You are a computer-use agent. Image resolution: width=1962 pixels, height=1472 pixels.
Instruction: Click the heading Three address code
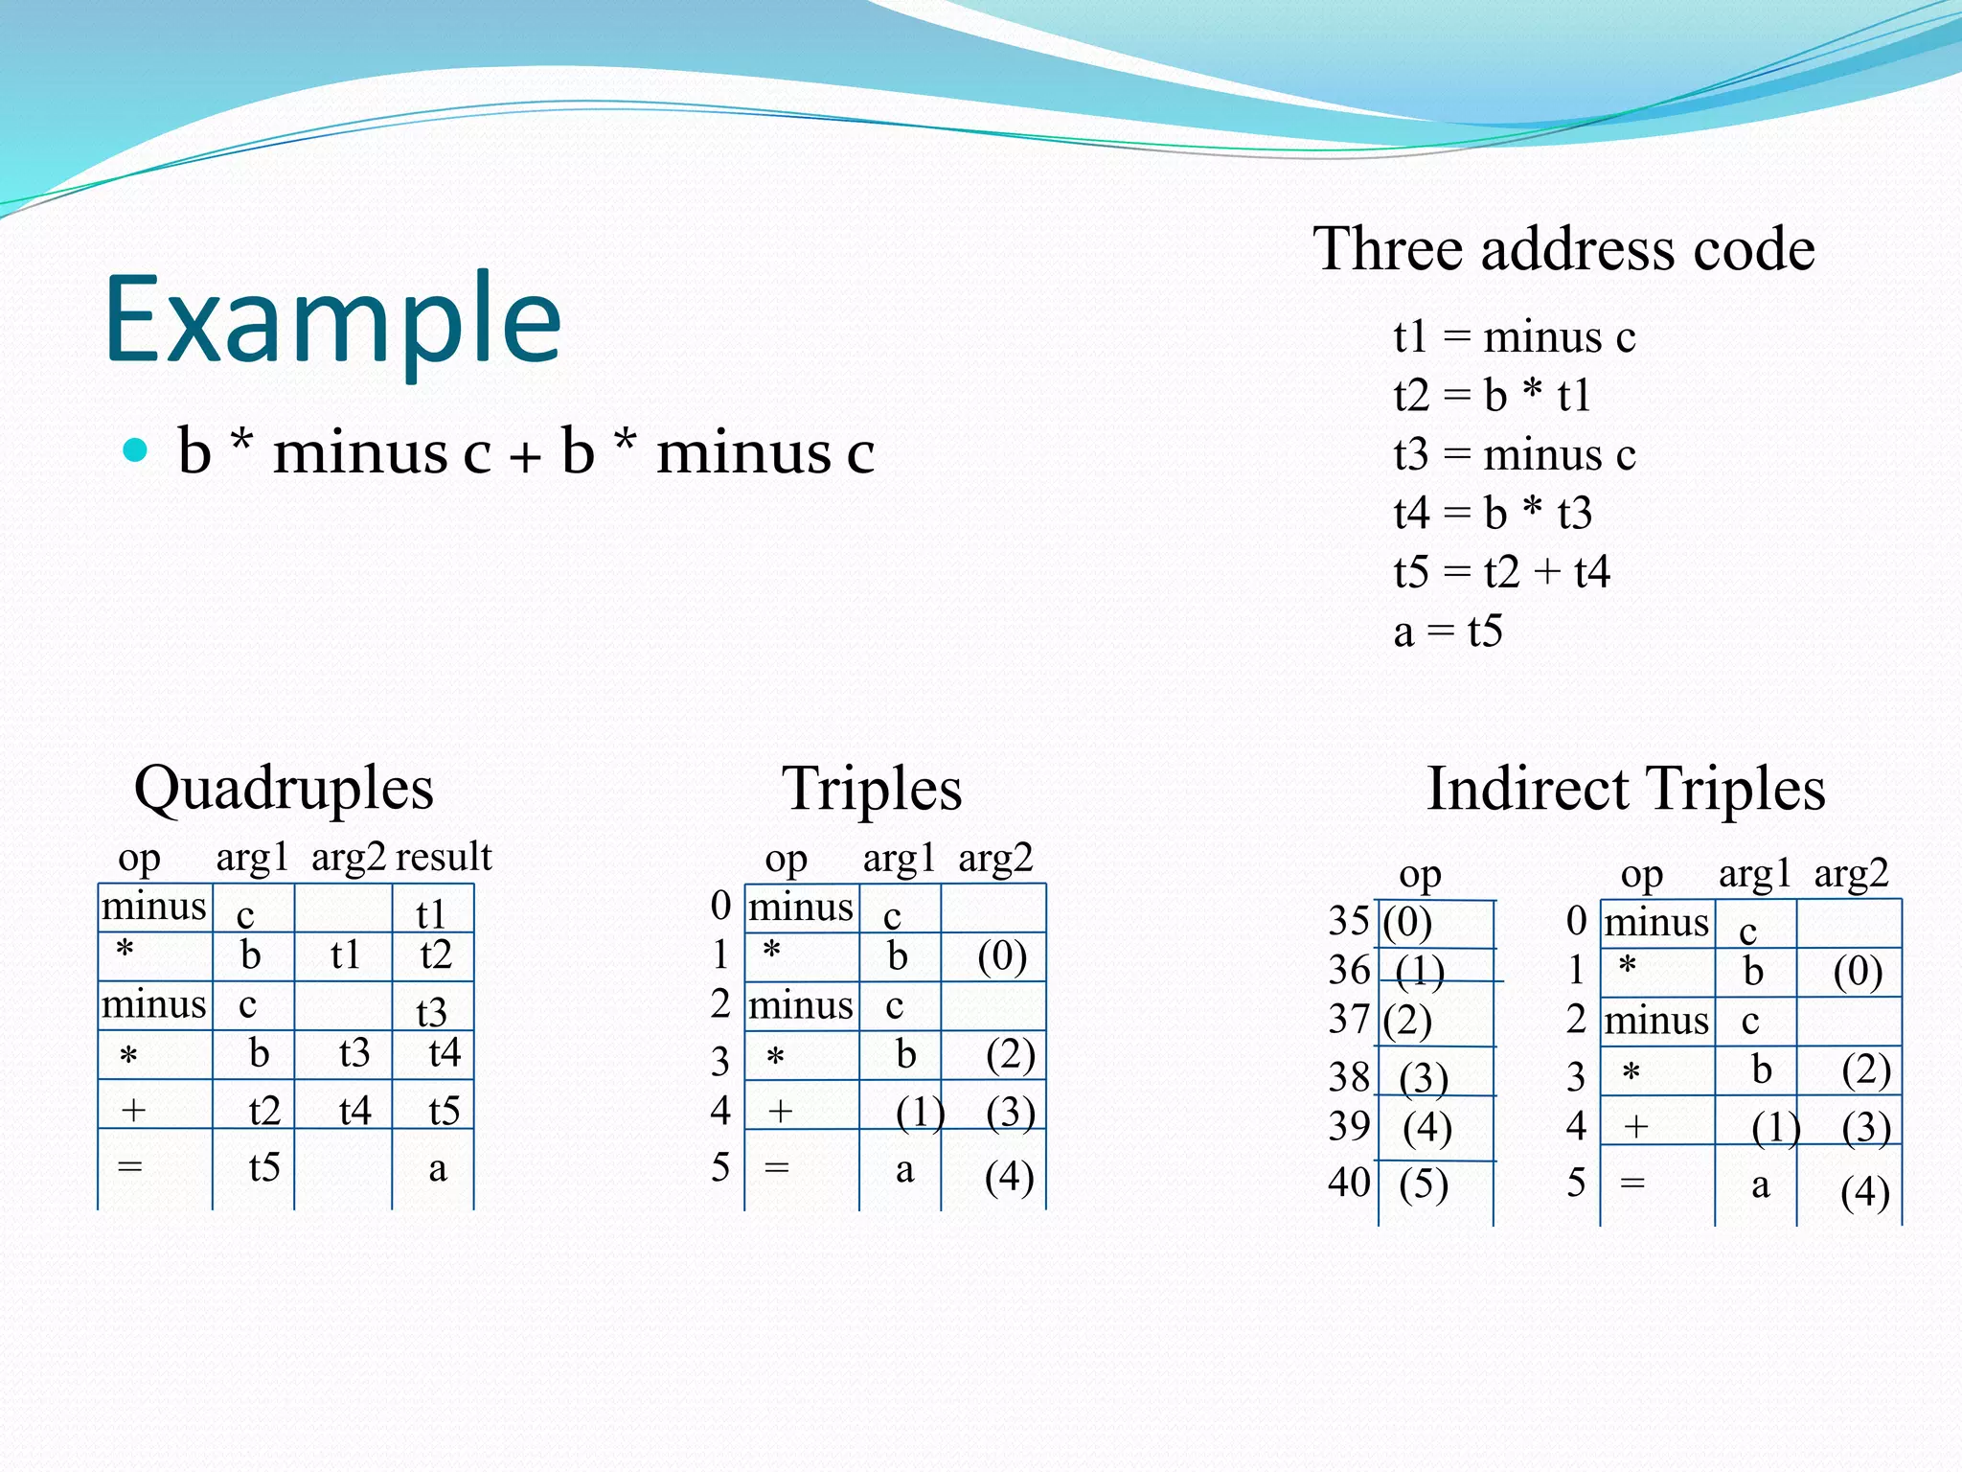(x=1563, y=249)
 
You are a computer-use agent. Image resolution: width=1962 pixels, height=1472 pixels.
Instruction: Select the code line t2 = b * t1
(x=1492, y=395)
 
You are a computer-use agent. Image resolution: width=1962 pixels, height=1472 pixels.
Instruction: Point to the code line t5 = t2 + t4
(x=1501, y=572)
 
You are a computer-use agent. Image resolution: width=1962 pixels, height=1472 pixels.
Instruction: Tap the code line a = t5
(x=1448, y=632)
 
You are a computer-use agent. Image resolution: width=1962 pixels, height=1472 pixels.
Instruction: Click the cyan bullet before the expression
(x=136, y=449)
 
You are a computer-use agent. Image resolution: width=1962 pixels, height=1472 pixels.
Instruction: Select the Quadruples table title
(x=284, y=789)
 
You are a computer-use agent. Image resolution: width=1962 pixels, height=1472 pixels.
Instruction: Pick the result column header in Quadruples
(x=444, y=857)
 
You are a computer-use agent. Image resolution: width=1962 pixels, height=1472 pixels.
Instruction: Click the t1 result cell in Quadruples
(x=431, y=913)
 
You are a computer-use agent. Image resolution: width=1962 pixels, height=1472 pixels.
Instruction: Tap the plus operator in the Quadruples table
(x=133, y=1111)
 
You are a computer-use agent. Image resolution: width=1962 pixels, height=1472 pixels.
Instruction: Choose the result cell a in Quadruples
(x=437, y=1168)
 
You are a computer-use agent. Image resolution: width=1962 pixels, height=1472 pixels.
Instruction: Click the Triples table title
(x=872, y=789)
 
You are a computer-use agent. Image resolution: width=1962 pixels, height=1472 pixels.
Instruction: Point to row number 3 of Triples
(x=720, y=1061)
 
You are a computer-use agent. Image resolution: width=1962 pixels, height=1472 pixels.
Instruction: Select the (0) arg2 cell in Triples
(x=1002, y=956)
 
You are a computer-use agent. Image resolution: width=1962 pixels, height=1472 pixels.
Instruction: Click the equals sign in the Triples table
(x=777, y=1167)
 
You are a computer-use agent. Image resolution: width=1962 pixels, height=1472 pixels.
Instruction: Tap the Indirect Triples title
(x=1626, y=789)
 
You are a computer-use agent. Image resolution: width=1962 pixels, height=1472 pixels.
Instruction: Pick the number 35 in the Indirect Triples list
(x=1349, y=921)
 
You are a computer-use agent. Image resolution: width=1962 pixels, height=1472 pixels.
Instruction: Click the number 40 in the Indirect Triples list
(x=1349, y=1183)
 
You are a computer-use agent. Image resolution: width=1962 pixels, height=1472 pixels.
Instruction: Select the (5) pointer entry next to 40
(x=1424, y=1184)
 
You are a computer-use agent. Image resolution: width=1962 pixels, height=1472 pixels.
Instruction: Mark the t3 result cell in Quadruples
(x=431, y=1011)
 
